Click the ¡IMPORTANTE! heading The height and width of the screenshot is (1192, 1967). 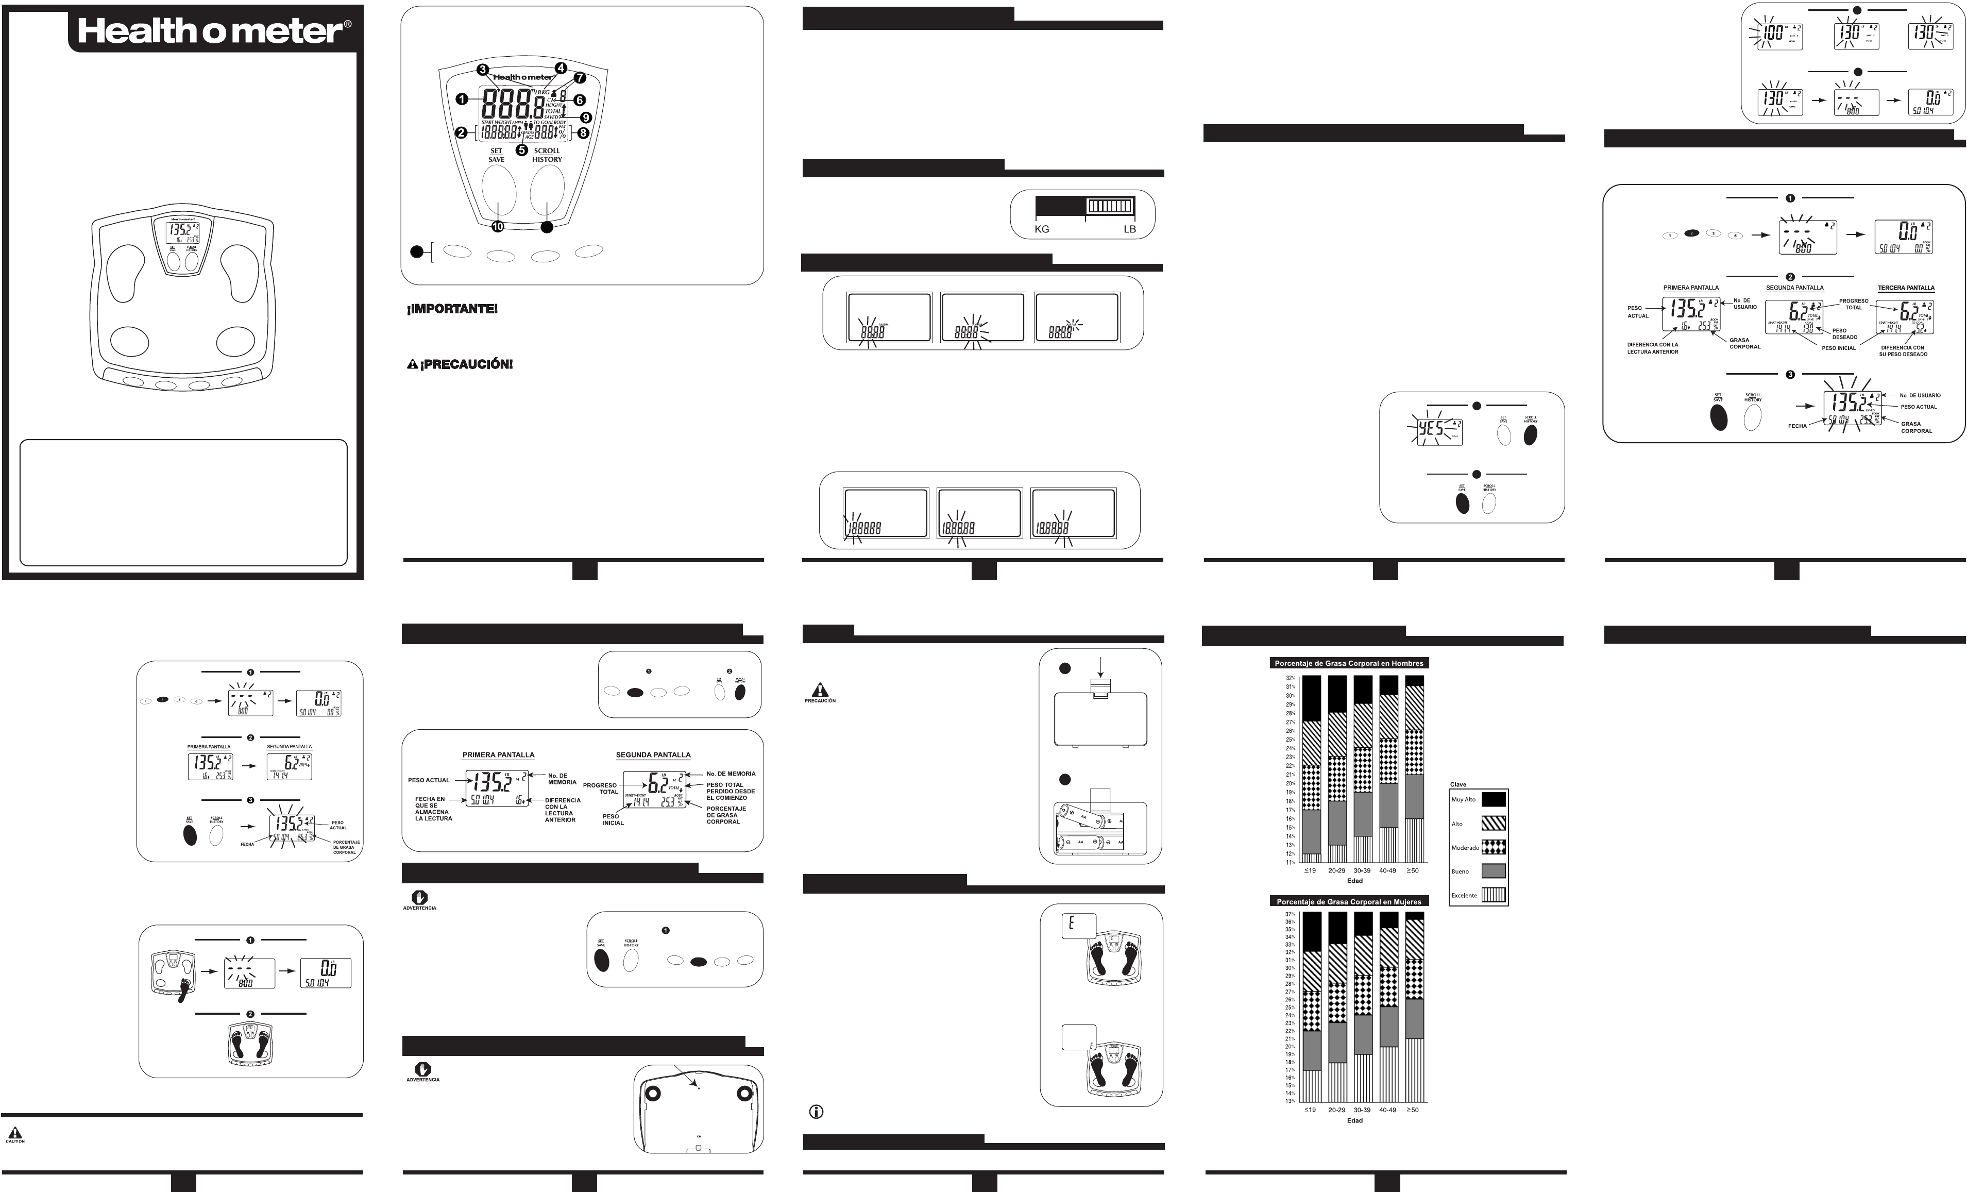point(453,309)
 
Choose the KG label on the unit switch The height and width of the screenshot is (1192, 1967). point(1042,229)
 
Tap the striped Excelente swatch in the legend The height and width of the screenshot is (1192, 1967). point(1494,895)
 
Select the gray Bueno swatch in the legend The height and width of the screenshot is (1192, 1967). point(1494,871)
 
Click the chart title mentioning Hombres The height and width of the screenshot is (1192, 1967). point(1348,663)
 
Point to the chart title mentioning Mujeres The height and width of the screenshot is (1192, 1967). point(1348,901)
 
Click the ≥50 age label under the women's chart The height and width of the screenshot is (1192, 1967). point(1413,1110)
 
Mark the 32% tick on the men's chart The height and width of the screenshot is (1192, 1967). point(1290,678)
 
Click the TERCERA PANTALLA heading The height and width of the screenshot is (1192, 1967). point(1906,288)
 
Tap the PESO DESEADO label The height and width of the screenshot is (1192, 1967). point(1839,334)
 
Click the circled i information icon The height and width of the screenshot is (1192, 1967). point(816,1112)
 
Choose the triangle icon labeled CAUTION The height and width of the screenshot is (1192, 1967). point(14,1133)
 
